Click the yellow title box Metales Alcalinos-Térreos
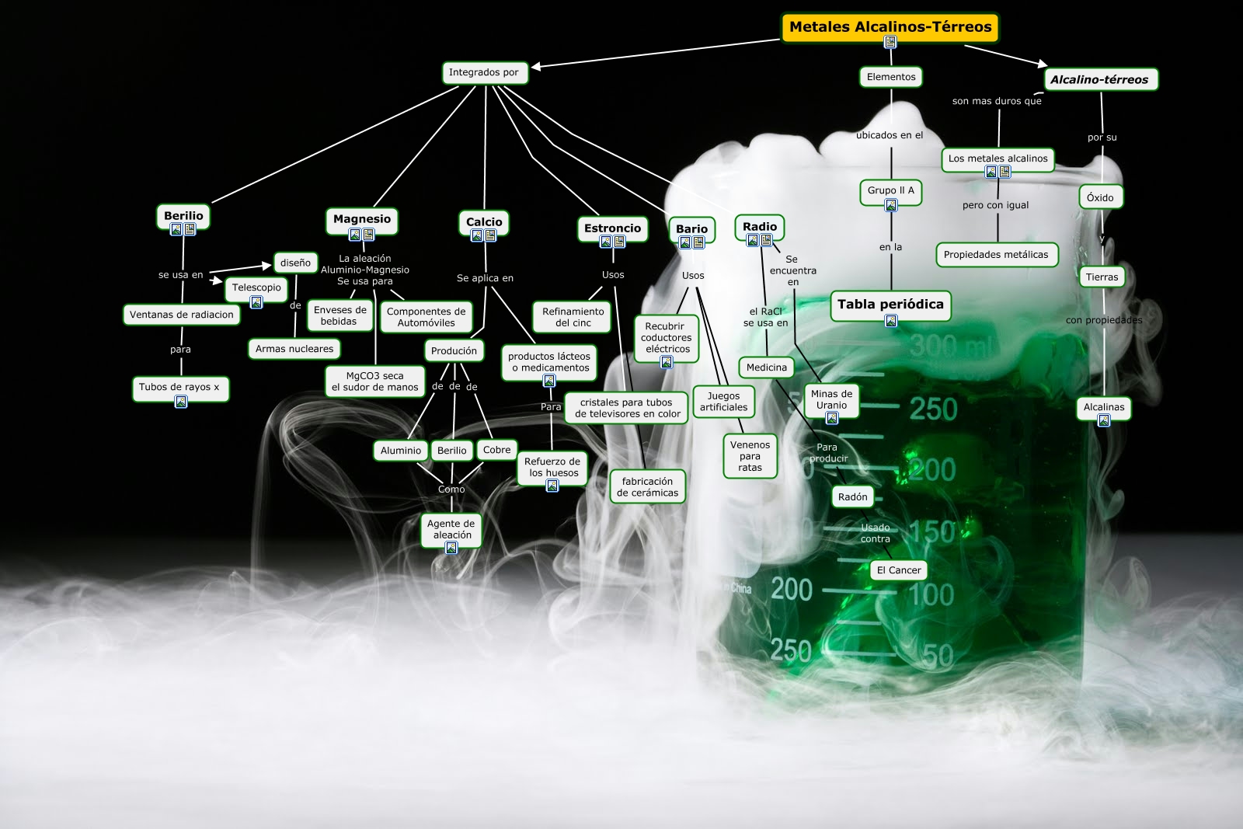(890, 27)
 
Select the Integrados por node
(483, 72)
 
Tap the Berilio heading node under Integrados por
(183, 216)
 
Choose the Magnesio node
(362, 219)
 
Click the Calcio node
(484, 222)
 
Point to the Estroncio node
(612, 228)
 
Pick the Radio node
(759, 227)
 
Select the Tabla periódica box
(890, 304)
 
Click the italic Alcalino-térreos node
(1099, 79)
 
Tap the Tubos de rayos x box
(179, 387)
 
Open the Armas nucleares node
(294, 349)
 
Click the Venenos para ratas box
(750, 456)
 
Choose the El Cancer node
(899, 570)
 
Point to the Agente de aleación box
(451, 529)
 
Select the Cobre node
(496, 450)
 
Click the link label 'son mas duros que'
(997, 101)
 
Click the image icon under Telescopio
(256, 302)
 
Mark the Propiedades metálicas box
(996, 255)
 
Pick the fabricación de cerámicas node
(647, 487)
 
